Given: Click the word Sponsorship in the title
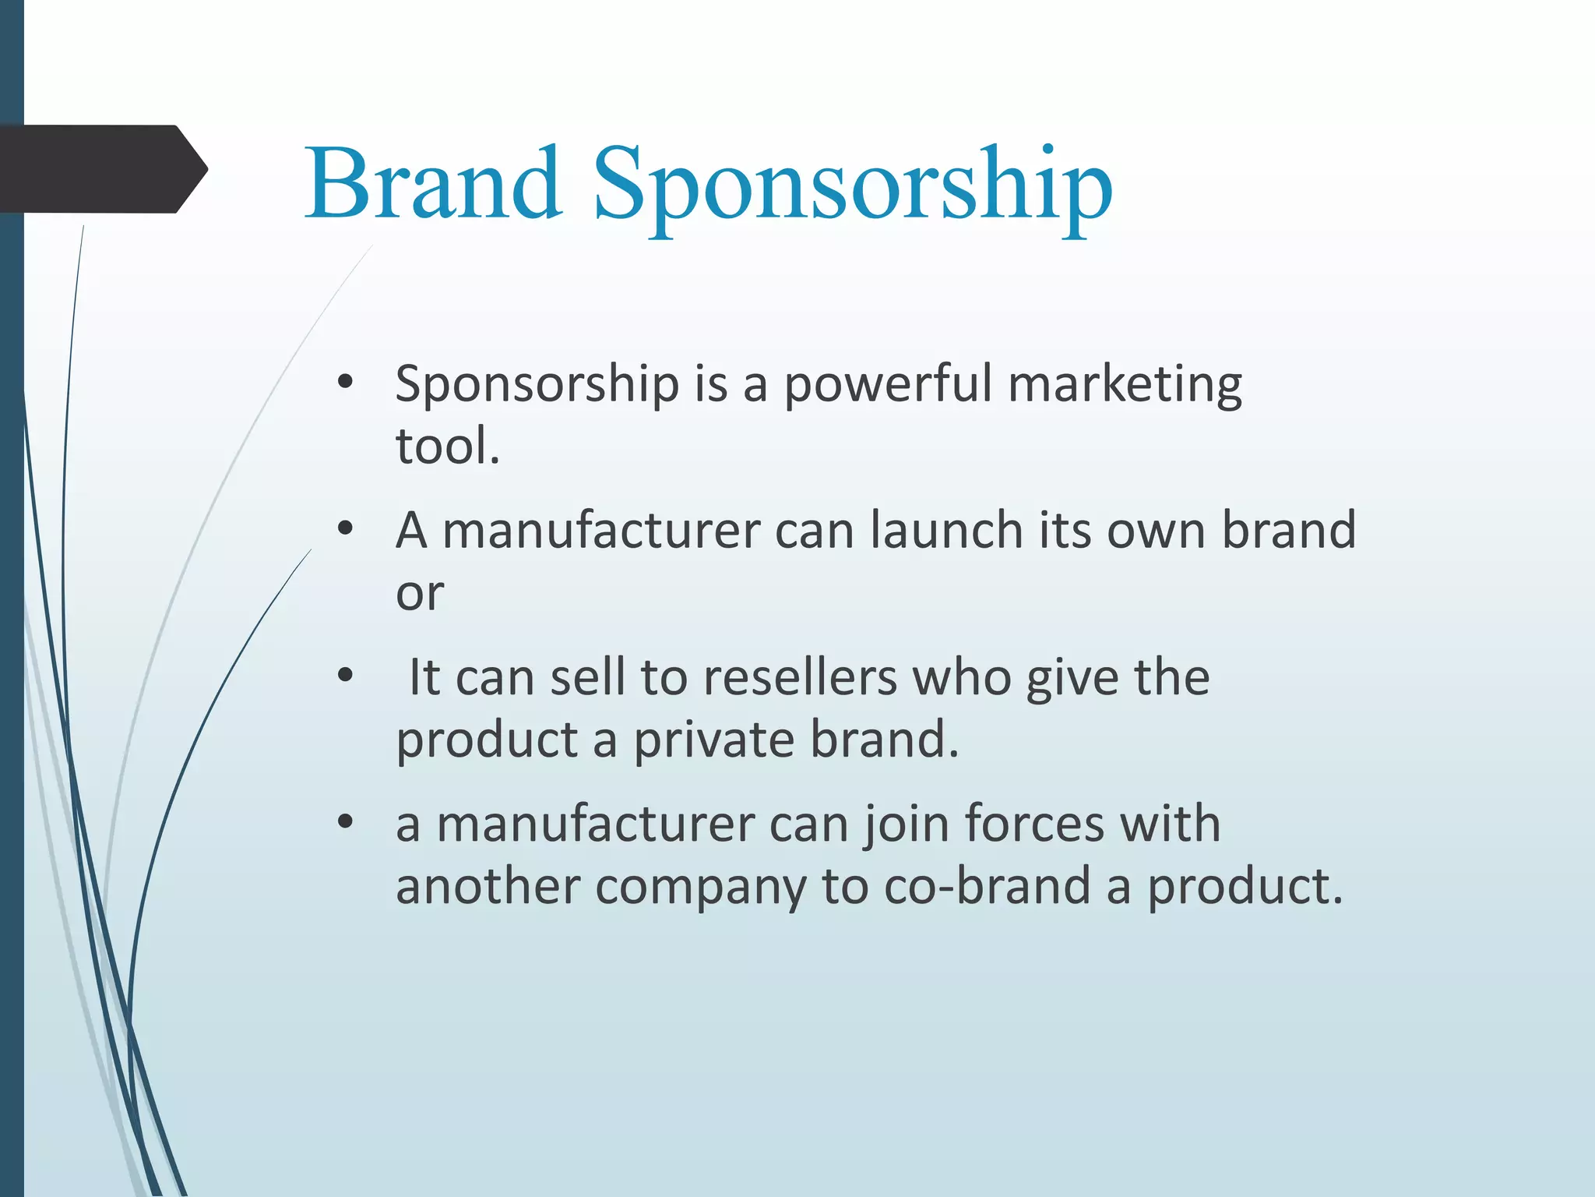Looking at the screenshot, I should [852, 187].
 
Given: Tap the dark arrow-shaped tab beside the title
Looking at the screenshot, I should [101, 169].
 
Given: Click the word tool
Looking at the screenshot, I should [446, 446].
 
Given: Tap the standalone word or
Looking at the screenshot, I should [420, 594].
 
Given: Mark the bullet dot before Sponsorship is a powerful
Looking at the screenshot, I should [346, 382].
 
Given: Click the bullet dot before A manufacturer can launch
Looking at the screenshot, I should [346, 528].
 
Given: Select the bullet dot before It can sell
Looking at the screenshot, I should [346, 675].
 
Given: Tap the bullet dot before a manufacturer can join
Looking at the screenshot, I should [346, 821].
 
